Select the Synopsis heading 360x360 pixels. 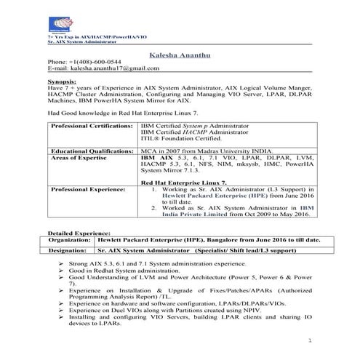62,84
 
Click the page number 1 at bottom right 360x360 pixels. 309,340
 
